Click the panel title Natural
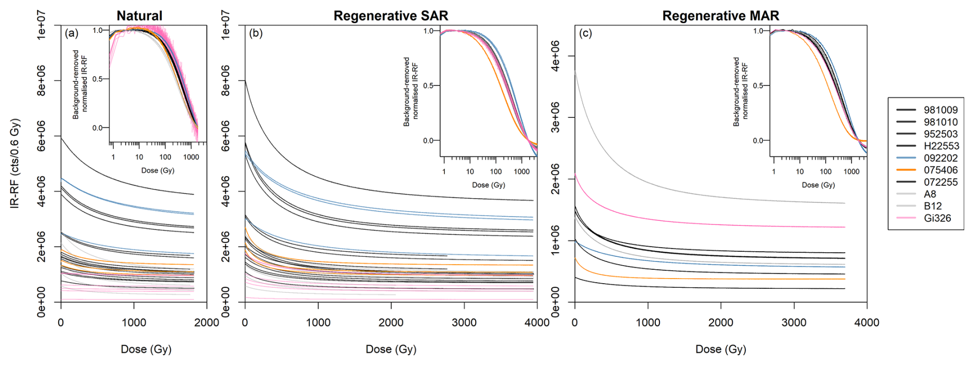pos(139,15)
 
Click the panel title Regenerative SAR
pos(391,15)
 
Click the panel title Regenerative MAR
pos(720,15)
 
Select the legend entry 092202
pos(941,158)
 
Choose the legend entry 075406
pos(941,170)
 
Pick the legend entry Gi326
pos(937,218)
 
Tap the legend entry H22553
pos(941,146)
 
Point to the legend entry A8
pos(930,194)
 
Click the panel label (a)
pos(72,33)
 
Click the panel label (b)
pos(256,33)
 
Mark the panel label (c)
pos(585,33)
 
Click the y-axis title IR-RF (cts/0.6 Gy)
pos(15,163)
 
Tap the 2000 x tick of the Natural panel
pos(206,323)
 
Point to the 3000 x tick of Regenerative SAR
pos(464,323)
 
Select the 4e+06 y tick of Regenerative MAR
pos(555,57)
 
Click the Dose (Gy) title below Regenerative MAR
pos(720,349)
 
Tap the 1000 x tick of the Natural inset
pos(191,157)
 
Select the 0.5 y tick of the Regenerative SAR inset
pos(428,85)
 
